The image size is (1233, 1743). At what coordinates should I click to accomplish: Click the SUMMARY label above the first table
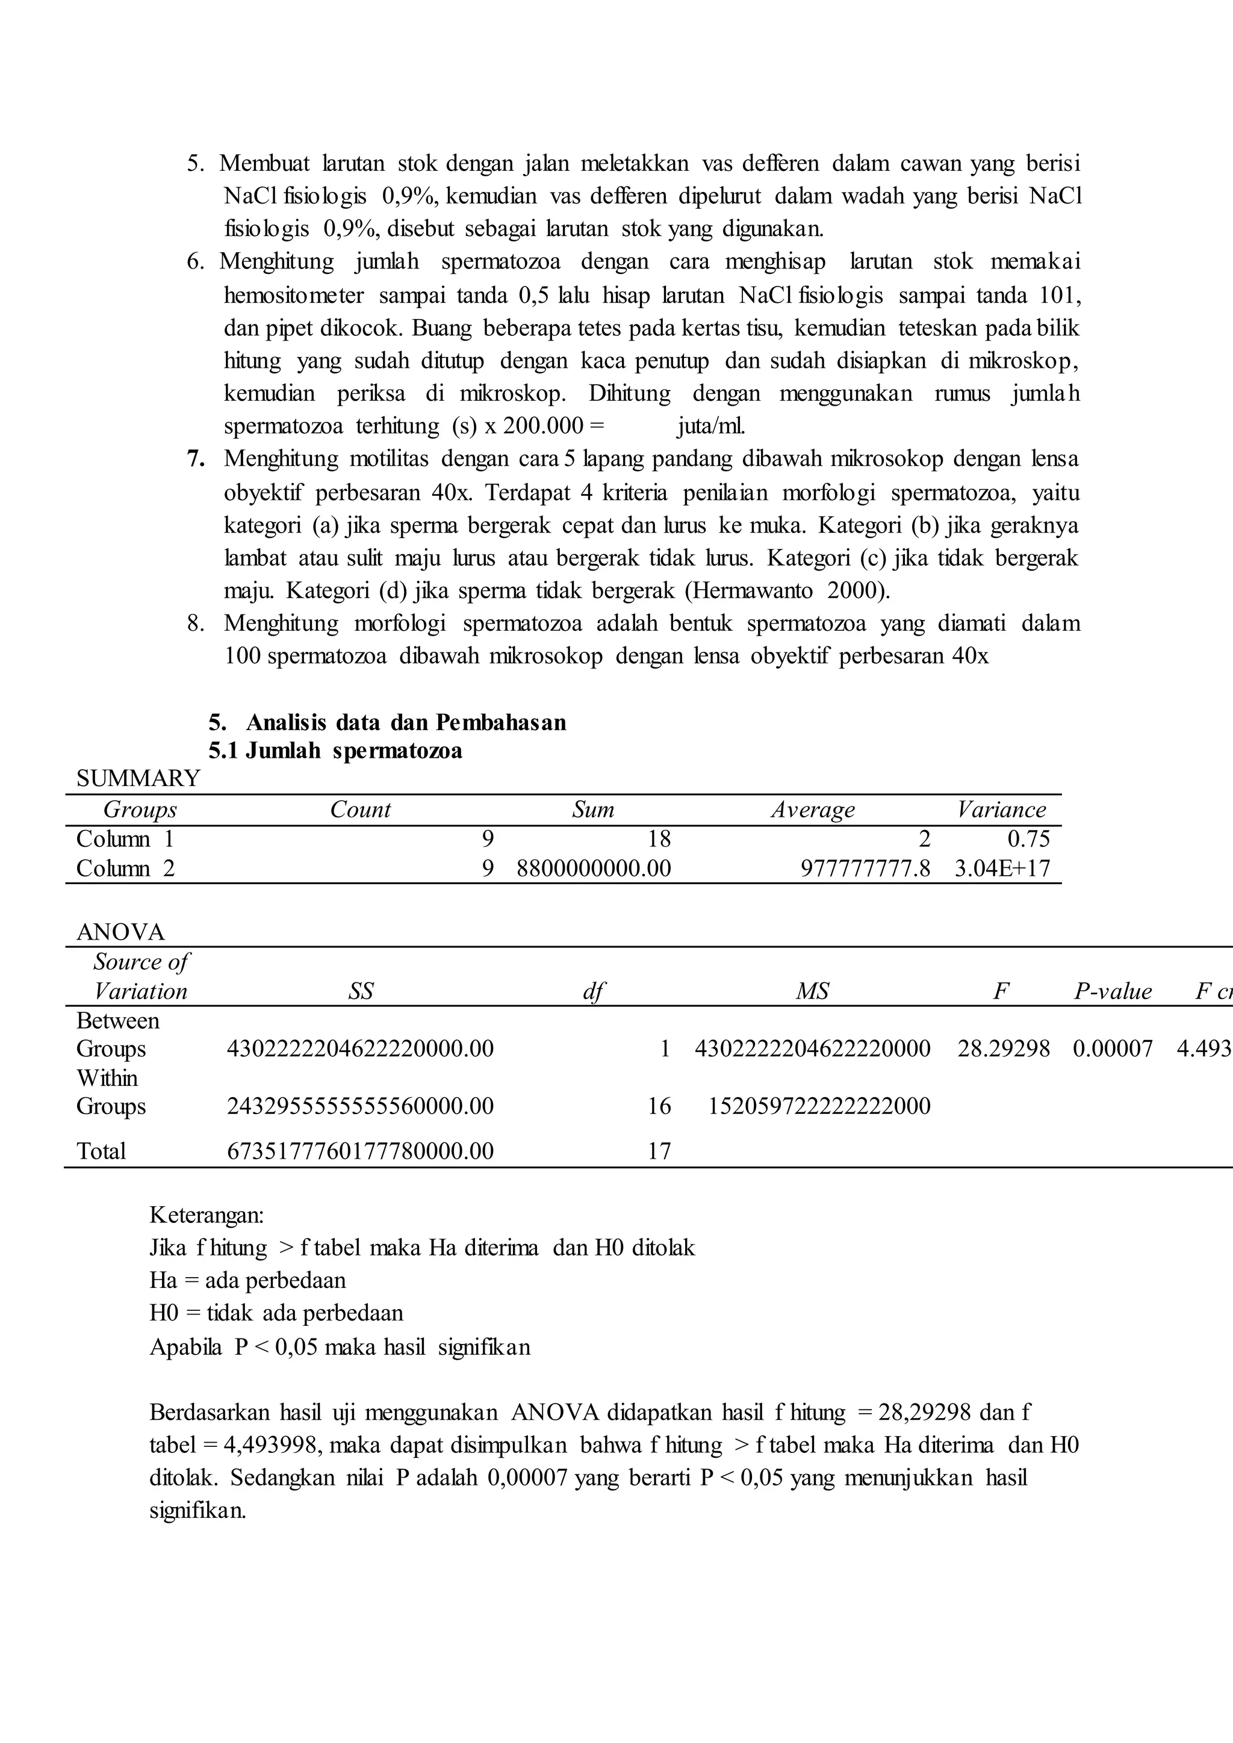(138, 778)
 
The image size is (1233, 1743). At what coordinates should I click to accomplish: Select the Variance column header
(1001, 810)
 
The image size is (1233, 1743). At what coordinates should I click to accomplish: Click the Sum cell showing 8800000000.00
(594, 868)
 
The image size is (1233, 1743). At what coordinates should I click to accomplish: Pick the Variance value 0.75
(1028, 839)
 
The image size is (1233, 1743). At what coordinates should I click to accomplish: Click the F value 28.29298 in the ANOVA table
(1003, 1049)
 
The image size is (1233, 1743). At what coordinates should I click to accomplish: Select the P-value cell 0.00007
(1112, 1049)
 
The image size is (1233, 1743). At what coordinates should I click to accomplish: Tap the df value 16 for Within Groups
(659, 1106)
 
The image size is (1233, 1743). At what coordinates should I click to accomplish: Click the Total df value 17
(659, 1151)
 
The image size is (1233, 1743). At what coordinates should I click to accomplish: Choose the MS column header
(812, 991)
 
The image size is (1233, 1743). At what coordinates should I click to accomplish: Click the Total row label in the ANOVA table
(101, 1151)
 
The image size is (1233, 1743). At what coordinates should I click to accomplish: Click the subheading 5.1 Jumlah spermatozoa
(335, 751)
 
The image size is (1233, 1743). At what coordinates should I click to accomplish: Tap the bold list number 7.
(196, 459)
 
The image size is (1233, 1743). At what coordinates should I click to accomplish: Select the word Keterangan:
(207, 1215)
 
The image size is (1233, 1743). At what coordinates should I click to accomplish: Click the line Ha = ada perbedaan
(247, 1281)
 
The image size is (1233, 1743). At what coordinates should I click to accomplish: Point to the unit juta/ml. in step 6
(710, 426)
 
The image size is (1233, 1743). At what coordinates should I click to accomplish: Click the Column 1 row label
(125, 839)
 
